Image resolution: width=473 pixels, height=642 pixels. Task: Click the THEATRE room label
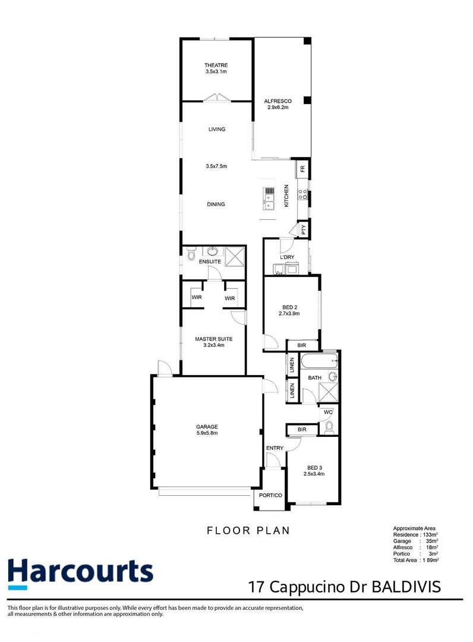point(216,65)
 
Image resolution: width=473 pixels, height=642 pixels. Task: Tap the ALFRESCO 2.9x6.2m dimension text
point(278,107)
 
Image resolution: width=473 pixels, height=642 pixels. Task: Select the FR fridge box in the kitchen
point(303,168)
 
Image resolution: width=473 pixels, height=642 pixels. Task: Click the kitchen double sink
point(269,202)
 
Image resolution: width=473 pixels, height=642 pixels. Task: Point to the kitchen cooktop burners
point(303,194)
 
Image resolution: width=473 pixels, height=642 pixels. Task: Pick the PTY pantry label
point(304,229)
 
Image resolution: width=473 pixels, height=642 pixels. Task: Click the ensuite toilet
point(191,254)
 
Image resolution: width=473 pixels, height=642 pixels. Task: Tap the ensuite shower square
point(235,257)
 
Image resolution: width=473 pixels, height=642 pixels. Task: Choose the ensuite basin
point(212,251)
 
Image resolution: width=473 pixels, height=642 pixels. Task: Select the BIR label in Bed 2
point(301,345)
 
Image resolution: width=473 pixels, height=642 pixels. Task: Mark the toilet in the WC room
point(329,427)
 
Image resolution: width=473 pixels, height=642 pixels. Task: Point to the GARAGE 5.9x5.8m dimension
point(207,433)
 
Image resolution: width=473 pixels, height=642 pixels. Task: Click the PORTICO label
point(270,495)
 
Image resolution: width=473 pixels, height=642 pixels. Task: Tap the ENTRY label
point(275,448)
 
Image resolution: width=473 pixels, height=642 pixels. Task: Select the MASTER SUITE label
point(213,339)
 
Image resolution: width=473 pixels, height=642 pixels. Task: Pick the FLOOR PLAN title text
point(248,531)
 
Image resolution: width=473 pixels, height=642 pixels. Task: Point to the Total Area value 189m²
point(431,560)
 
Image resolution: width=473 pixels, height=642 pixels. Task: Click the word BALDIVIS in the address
point(406,587)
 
